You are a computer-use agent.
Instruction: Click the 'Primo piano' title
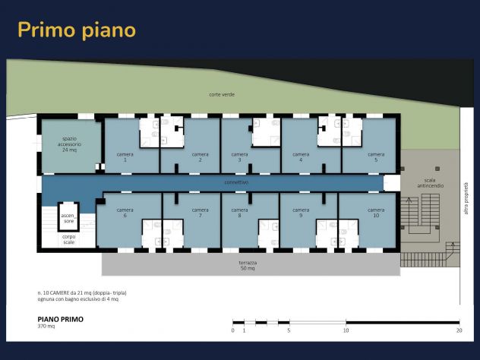(x=77, y=30)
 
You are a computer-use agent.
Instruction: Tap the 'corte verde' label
(x=222, y=95)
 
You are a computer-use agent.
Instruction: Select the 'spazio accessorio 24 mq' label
(x=69, y=144)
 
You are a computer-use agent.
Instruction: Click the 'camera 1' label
(x=125, y=157)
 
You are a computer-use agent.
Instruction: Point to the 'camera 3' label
(x=239, y=157)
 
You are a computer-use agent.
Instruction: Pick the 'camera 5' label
(x=376, y=157)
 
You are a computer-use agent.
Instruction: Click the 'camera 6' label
(x=125, y=213)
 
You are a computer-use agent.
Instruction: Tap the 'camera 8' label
(x=239, y=213)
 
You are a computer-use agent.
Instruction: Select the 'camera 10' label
(x=376, y=213)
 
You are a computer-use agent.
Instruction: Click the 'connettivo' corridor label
(x=236, y=182)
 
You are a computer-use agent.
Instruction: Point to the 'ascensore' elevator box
(x=68, y=216)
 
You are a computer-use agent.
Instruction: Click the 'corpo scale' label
(x=69, y=239)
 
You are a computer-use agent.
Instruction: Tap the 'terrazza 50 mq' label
(x=248, y=265)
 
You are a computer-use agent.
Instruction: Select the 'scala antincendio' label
(x=430, y=183)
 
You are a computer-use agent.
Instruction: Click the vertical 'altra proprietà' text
(x=466, y=198)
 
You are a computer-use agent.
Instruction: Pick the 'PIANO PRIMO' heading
(x=61, y=319)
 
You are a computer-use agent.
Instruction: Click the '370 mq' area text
(x=46, y=327)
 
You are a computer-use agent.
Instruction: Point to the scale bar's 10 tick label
(x=346, y=330)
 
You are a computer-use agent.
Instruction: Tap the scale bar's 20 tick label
(x=459, y=330)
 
